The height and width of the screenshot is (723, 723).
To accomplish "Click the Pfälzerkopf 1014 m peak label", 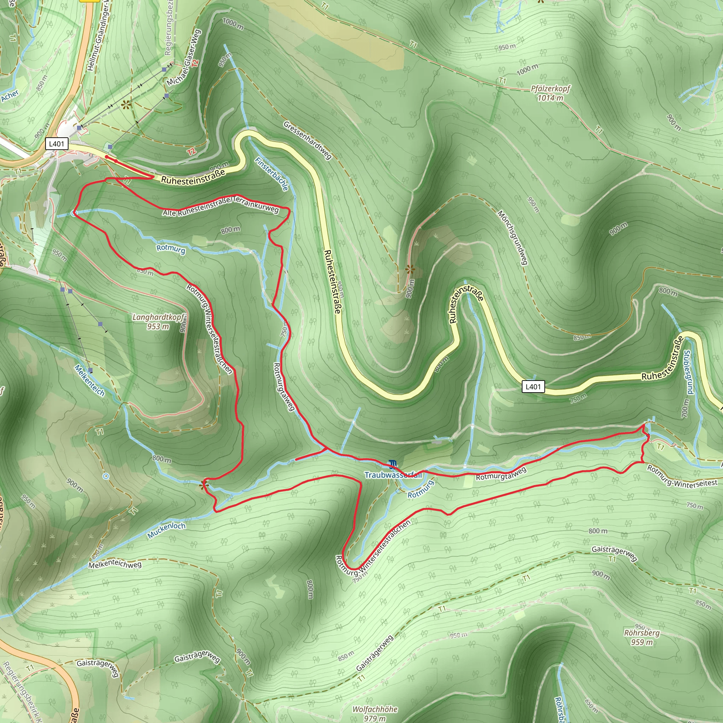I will point(550,93).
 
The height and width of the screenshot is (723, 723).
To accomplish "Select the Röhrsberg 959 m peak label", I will point(641,637).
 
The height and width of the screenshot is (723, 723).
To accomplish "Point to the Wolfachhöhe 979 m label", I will point(375,713).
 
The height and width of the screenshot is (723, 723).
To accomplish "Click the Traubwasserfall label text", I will point(393,475).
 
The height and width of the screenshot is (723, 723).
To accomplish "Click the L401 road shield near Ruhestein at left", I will point(56,144).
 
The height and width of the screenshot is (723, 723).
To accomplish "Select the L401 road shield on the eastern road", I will point(533,387).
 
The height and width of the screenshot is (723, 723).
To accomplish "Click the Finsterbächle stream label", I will point(272,174).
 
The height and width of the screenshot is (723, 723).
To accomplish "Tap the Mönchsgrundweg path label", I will point(513,237).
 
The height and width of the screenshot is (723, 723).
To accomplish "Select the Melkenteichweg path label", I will point(115,564).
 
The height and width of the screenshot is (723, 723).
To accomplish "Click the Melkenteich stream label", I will point(89,380).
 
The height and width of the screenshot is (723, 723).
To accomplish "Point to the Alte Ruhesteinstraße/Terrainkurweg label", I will point(221,207).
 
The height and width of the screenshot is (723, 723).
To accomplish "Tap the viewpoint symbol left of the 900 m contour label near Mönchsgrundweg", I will point(410,269).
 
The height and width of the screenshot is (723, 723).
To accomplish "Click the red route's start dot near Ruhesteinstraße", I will point(107,157).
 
